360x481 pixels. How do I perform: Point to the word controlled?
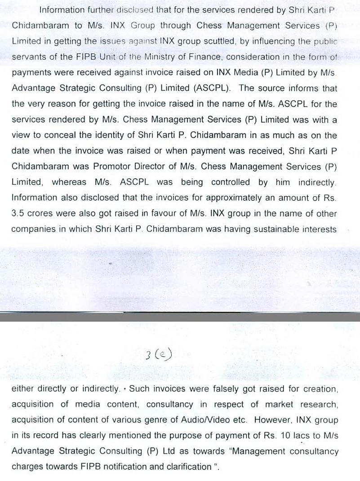pos(232,182)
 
